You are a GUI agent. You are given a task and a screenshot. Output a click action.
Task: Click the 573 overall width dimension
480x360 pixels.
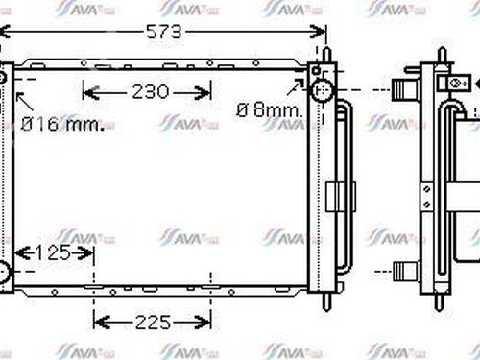[x=164, y=32]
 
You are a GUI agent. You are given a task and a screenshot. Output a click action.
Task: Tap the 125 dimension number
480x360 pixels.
[x=52, y=253]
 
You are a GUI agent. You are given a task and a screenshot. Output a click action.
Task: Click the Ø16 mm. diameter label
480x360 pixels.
[x=63, y=123]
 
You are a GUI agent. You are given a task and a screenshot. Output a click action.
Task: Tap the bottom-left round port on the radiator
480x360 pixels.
[x=5, y=273]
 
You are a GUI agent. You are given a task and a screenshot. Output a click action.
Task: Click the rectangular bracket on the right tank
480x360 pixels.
[x=333, y=197]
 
